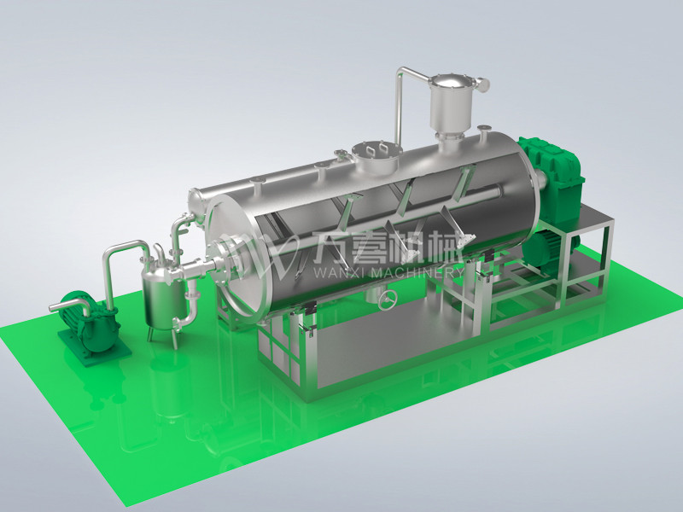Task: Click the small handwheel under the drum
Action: pos(388,300)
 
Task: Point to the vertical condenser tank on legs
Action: pos(165,300)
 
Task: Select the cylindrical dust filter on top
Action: pos(452,103)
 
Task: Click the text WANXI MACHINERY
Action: pos(388,273)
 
